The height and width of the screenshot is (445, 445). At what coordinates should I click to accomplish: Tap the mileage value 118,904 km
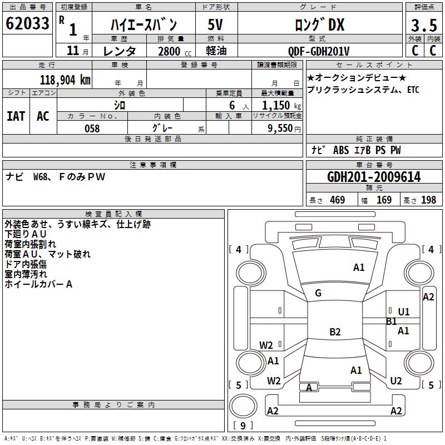click(x=65, y=80)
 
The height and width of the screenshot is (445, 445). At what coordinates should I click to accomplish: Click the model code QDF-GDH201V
click(x=319, y=51)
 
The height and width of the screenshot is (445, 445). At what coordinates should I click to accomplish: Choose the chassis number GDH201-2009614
click(x=374, y=177)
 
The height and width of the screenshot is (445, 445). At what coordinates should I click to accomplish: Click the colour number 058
click(x=92, y=128)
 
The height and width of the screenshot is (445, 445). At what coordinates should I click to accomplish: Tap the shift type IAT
click(x=16, y=116)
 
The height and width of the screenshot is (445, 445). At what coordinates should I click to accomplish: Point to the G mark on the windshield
click(x=318, y=293)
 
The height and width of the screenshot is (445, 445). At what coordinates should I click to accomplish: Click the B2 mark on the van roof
click(x=335, y=332)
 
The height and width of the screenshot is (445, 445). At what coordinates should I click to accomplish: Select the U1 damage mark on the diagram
click(x=404, y=312)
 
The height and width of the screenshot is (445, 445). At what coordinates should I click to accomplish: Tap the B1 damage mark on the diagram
click(x=391, y=322)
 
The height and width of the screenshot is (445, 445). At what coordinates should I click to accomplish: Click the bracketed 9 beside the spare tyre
click(x=243, y=426)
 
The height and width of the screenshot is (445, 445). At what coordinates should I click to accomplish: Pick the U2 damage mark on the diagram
click(x=396, y=381)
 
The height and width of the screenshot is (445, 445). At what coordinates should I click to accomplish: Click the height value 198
click(x=428, y=200)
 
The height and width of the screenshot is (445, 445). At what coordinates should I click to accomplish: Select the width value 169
click(x=384, y=200)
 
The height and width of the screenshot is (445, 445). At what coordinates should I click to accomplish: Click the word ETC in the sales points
click(x=413, y=90)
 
